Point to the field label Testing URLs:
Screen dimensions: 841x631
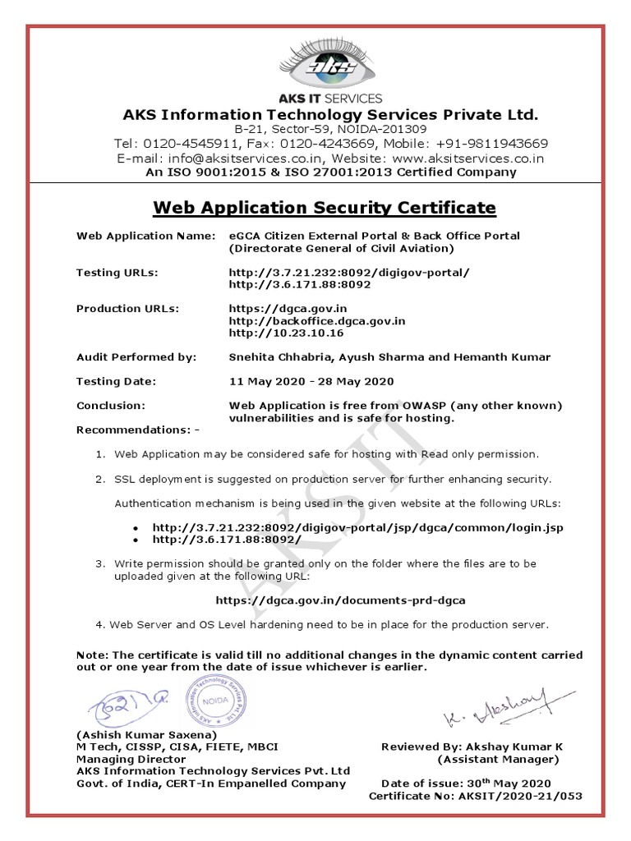tap(117, 272)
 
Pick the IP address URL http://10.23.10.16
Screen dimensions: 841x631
tap(285, 333)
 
